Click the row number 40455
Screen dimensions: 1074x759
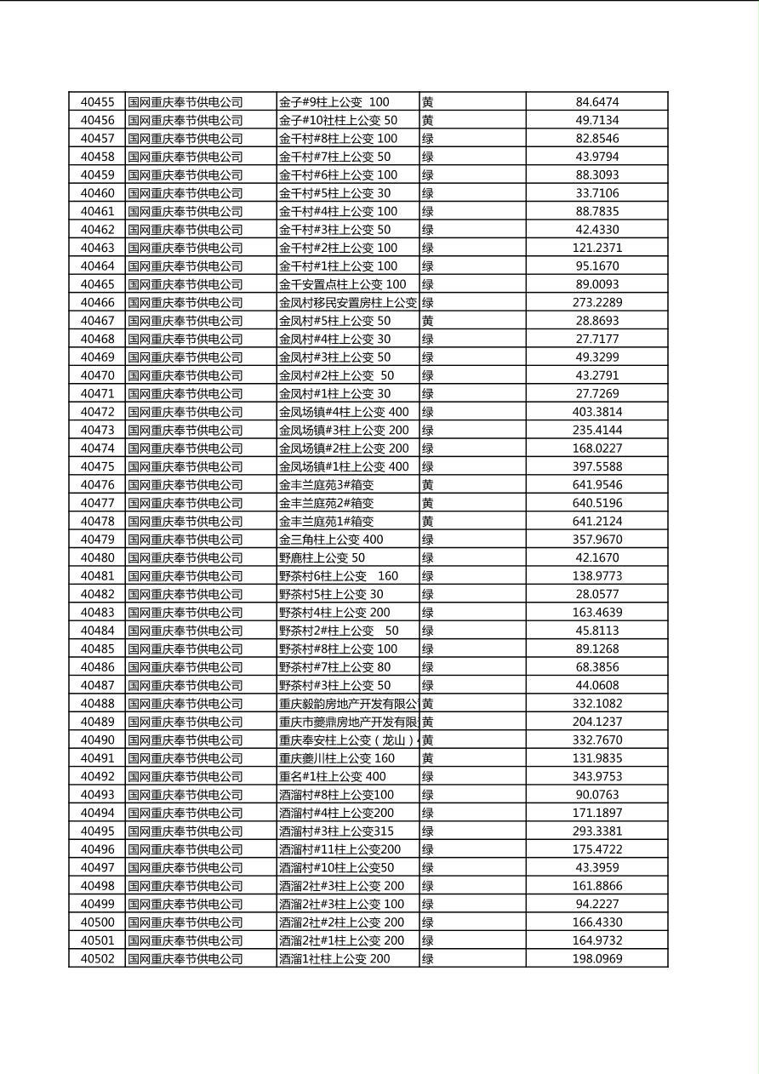point(97,102)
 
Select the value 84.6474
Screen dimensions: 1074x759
point(596,102)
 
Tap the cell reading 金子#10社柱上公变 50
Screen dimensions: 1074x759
point(338,121)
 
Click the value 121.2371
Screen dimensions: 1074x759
point(596,248)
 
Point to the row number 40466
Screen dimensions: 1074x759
point(97,302)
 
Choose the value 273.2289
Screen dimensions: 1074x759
point(596,302)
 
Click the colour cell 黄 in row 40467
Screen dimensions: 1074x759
point(428,321)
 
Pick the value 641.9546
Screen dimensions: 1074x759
point(596,485)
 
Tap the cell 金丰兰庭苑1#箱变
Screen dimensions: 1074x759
point(326,521)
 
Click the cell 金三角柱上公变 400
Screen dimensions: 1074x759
point(331,540)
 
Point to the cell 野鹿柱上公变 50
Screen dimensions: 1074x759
point(322,557)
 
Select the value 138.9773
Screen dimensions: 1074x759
point(596,576)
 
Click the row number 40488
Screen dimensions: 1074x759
point(97,704)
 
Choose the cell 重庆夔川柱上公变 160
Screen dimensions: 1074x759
point(337,758)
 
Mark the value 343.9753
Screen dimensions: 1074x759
point(596,776)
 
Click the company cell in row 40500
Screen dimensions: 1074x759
point(185,923)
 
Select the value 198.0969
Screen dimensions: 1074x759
point(596,959)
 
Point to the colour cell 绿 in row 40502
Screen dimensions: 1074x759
point(428,959)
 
